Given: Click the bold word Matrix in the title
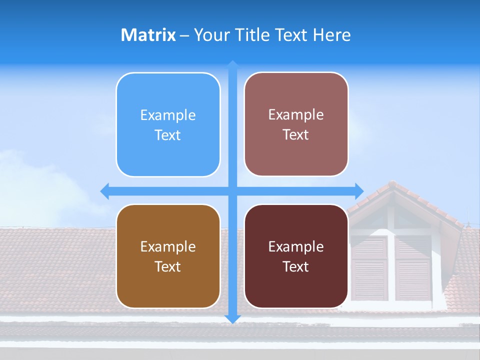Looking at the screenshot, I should [x=148, y=35].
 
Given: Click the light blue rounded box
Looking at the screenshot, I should [x=168, y=125].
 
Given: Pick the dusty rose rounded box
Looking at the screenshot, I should [x=296, y=124].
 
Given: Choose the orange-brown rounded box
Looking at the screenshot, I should [x=168, y=256].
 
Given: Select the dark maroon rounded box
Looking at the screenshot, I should [x=296, y=256].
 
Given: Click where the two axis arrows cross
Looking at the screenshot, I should [x=232, y=191].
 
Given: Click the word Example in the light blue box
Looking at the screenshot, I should [x=168, y=115].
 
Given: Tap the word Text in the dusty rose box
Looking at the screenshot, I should [x=296, y=135].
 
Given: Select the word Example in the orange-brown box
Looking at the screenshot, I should [x=168, y=246].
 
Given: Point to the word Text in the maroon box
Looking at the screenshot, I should [x=296, y=266].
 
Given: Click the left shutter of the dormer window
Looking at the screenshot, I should [x=369, y=268].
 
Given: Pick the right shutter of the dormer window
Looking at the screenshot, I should [x=413, y=268].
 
